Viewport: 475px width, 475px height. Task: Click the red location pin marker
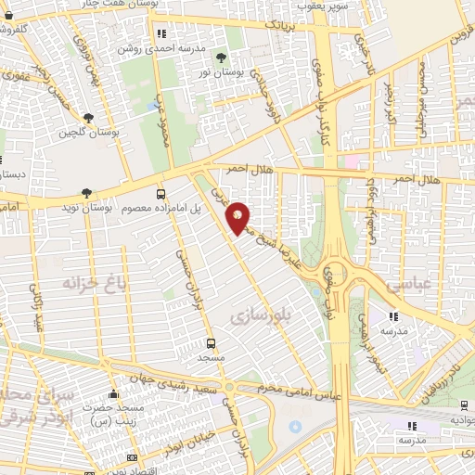(237, 217)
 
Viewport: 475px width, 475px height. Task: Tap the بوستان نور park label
(232, 72)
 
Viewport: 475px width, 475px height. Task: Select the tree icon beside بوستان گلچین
(88, 118)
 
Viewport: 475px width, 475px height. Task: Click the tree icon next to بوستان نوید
(86, 193)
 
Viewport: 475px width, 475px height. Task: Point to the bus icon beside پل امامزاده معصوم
(161, 194)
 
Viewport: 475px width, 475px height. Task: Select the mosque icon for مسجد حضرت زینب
(113, 394)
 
